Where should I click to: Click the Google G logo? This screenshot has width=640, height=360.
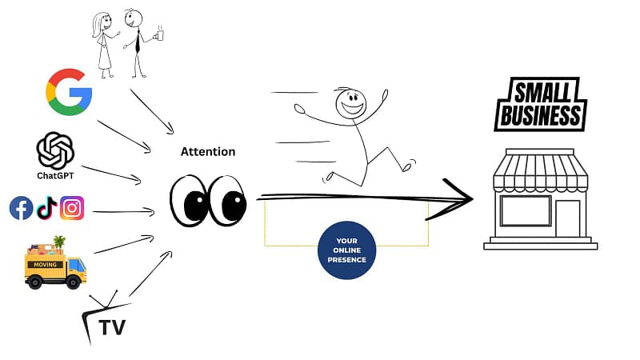click(x=69, y=91)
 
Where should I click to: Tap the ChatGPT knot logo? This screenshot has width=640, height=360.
click(x=55, y=150)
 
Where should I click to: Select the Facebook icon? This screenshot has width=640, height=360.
click(x=21, y=208)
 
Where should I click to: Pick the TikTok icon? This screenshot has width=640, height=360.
click(x=46, y=208)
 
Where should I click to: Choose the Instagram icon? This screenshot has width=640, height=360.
click(x=72, y=208)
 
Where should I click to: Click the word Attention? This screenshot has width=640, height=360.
click(x=208, y=151)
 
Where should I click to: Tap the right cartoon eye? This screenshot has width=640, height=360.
click(x=231, y=202)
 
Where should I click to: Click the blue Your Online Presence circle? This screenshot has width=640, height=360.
click(x=346, y=249)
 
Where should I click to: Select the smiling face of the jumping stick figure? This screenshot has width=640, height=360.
click(x=350, y=102)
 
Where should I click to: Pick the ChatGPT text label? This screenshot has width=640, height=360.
click(x=55, y=174)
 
